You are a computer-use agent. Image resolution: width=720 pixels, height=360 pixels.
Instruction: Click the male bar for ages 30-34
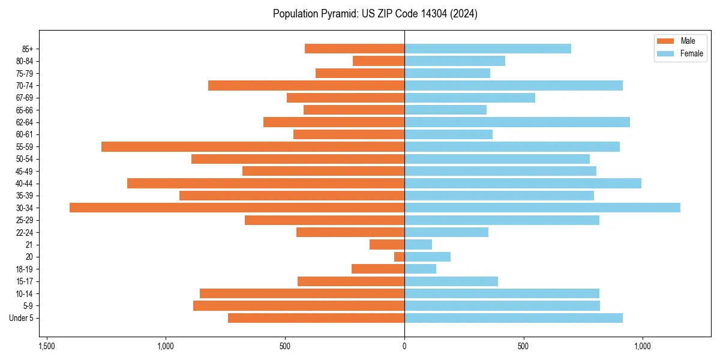237,208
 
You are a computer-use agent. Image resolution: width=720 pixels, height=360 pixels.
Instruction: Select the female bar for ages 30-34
542,208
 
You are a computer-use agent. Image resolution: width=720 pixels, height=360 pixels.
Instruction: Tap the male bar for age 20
399,257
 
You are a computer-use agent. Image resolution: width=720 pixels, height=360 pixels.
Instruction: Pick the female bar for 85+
488,49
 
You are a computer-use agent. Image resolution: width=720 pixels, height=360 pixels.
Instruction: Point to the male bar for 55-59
253,146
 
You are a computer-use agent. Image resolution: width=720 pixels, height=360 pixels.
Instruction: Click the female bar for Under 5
514,318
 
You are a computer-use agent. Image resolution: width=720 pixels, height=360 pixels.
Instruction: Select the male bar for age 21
387,245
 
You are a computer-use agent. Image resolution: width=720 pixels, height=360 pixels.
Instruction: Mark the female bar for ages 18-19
420,269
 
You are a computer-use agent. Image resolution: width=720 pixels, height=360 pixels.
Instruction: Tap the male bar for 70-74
306,85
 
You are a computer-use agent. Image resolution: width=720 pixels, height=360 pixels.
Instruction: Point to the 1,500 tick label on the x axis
47,347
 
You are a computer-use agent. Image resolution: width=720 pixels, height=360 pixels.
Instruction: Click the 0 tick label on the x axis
404,347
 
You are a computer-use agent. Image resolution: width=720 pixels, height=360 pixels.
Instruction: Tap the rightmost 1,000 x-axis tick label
643,347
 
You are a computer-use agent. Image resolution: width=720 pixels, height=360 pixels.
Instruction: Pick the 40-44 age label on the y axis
25,184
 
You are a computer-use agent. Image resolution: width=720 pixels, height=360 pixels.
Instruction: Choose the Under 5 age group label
22,318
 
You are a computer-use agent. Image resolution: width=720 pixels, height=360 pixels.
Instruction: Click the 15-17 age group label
25,281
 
